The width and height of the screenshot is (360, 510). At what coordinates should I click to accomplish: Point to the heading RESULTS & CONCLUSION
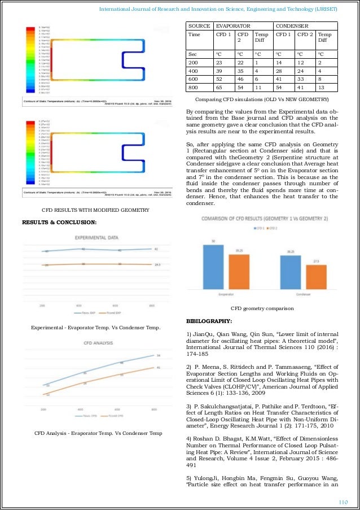[x=59, y=221]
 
